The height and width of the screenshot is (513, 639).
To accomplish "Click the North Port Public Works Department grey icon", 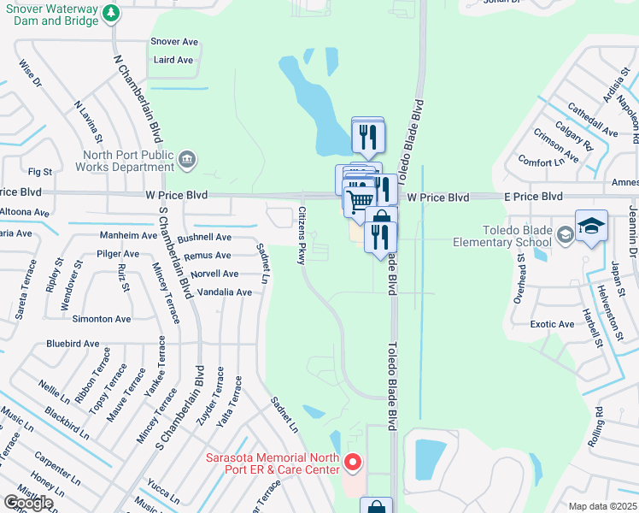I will click(x=187, y=158).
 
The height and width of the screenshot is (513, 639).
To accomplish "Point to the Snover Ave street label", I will click(x=174, y=41).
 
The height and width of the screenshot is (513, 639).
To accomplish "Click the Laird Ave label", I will click(x=173, y=61).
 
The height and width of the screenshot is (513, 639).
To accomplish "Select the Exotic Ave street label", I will click(x=552, y=325).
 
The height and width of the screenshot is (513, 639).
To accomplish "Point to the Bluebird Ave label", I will click(x=73, y=344).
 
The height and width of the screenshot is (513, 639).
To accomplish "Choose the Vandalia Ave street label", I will click(x=226, y=292).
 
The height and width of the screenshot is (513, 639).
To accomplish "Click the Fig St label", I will click(x=40, y=173).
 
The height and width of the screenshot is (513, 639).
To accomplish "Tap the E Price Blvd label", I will click(x=532, y=197).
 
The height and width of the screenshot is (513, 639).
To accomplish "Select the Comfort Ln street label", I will click(x=536, y=162).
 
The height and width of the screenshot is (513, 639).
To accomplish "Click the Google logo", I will click(x=28, y=503).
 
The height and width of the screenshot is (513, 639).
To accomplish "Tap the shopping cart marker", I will click(x=360, y=200).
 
